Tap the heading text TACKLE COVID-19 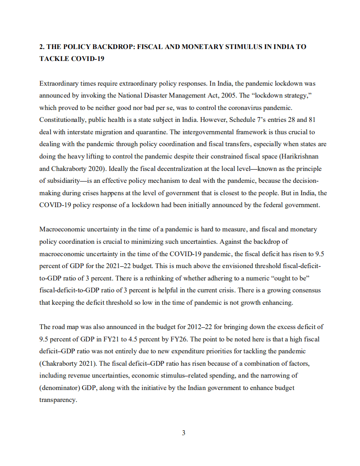(x=72, y=59)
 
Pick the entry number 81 (x=311, y=120)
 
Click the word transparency (x=58, y=400)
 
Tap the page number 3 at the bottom (x=183, y=433)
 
